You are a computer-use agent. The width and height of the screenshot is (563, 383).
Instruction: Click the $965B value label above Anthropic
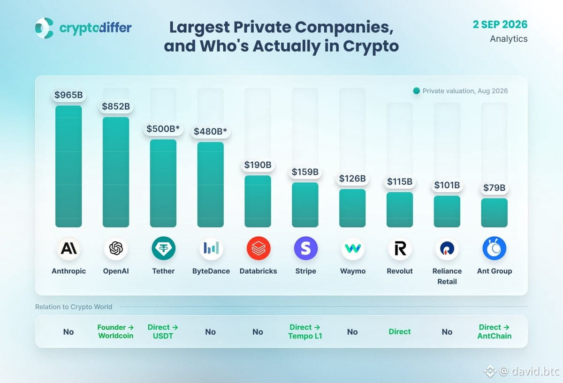[68, 95]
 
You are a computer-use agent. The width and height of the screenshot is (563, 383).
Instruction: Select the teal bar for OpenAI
[116, 172]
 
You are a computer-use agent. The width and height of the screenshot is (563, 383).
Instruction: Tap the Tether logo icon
[163, 248]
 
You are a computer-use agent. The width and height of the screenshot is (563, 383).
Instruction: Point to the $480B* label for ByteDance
[210, 131]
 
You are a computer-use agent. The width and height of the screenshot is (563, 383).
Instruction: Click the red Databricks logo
[258, 248]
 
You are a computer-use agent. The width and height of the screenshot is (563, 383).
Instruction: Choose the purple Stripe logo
[305, 248]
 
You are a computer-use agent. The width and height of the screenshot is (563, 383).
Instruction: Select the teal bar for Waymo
[352, 208]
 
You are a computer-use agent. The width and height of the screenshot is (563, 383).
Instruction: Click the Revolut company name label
[400, 271]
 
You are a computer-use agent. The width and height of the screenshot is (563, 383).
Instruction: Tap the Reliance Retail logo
[447, 248]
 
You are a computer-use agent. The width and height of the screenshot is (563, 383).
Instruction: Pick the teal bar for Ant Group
[495, 213]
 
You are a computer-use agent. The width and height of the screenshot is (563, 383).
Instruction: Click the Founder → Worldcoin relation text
[115, 331]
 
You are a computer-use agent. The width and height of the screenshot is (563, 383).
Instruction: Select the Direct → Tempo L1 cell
[305, 331]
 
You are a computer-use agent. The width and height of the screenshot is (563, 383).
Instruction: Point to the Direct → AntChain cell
[495, 331]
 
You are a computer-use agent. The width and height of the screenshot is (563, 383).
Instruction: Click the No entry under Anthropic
[68, 332]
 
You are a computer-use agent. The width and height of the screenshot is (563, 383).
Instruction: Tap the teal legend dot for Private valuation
[416, 91]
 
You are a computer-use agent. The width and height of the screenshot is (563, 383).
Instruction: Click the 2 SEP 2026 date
[500, 24]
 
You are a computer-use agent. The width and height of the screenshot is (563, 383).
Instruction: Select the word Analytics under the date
[509, 39]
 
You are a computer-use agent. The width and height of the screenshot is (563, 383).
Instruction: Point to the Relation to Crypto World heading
[74, 307]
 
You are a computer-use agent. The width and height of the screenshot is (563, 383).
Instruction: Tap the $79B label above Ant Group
[495, 188]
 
